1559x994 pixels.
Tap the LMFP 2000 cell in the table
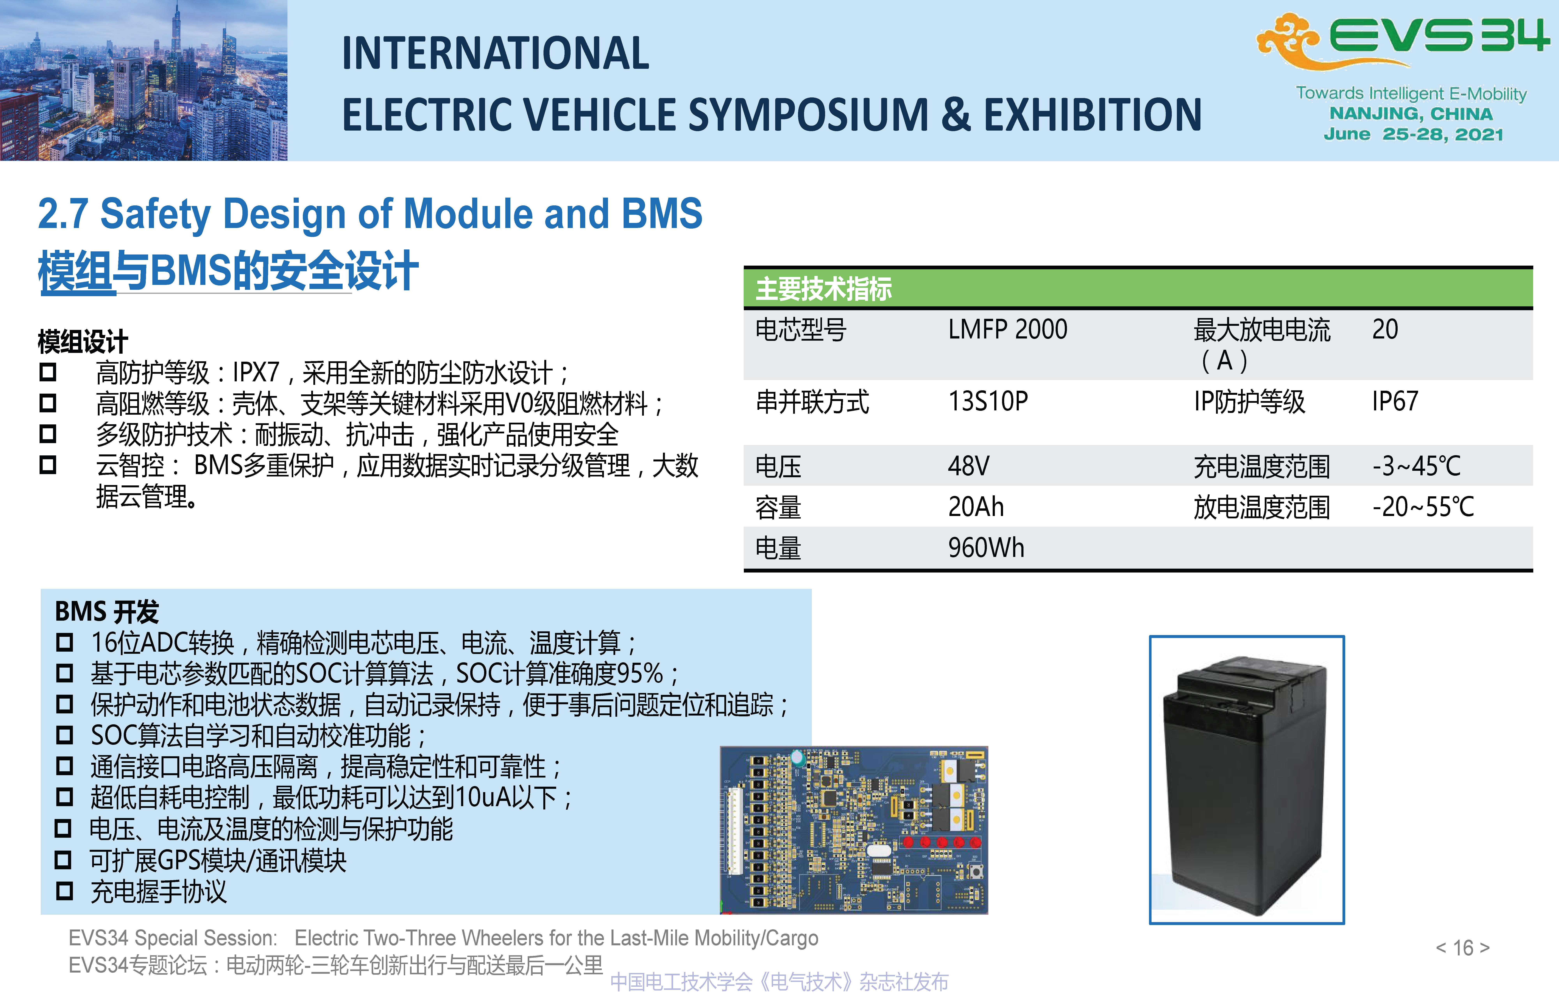1007,330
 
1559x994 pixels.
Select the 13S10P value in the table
988,401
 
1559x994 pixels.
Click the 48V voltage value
969,466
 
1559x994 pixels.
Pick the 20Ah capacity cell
976,507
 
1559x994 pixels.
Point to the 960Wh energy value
986,548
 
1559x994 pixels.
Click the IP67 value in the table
1395,401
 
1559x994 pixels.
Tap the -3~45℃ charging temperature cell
1417,466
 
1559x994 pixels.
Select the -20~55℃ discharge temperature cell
1423,507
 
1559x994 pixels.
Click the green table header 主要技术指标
824,289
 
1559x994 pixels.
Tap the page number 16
1463,948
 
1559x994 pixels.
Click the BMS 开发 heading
107,611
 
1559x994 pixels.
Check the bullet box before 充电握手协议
64,891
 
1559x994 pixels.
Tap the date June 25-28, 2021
1413,134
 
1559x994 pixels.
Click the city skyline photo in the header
144,80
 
